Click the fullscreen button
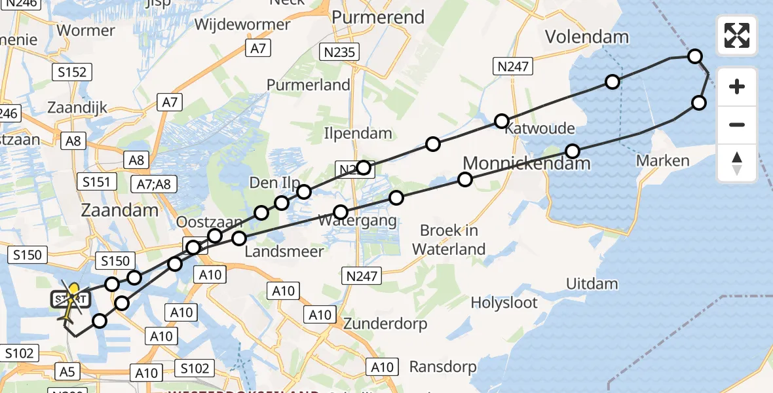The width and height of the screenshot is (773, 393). (x=737, y=35)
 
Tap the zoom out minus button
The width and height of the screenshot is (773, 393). (x=737, y=124)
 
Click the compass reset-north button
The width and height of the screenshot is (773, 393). (x=737, y=163)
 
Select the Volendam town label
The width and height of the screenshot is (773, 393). (x=588, y=37)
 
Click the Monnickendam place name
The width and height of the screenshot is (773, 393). (x=527, y=162)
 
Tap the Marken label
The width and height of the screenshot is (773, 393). (x=664, y=160)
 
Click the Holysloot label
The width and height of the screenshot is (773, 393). (x=504, y=303)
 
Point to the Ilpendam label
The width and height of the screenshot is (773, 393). (x=358, y=134)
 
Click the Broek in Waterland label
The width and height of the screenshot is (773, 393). (x=452, y=240)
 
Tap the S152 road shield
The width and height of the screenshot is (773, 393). (x=72, y=72)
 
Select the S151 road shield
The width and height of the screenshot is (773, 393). (x=96, y=181)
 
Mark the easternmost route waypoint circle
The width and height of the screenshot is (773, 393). (x=699, y=102)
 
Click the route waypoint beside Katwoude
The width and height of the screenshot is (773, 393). (x=501, y=121)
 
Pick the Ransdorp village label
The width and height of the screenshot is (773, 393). (x=443, y=366)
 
